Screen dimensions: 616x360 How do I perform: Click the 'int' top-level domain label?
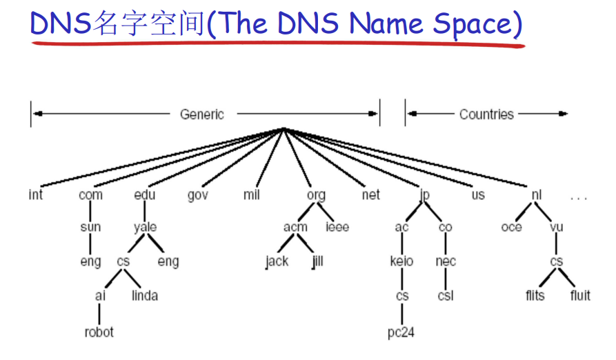click(36, 195)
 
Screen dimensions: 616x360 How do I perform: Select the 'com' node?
click(90, 195)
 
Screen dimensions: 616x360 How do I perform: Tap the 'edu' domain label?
click(145, 195)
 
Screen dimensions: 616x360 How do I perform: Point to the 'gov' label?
click(198, 195)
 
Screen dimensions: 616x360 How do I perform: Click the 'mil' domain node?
click(251, 195)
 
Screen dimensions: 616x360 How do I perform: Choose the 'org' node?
click(315, 195)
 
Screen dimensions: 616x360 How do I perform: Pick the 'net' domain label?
click(370, 195)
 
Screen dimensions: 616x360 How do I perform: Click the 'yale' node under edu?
click(145, 227)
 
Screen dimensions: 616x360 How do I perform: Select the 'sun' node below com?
click(90, 227)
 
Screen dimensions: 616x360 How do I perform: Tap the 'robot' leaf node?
click(99, 332)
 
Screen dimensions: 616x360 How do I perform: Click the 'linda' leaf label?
click(144, 296)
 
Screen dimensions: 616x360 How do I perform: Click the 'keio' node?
click(401, 261)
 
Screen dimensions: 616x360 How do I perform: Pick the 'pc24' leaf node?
click(401, 332)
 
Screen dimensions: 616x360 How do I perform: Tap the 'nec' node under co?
click(446, 261)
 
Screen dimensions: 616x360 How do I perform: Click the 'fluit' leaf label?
click(580, 296)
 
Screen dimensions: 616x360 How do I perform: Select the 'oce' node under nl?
click(511, 227)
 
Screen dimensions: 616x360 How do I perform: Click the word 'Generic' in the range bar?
click(202, 114)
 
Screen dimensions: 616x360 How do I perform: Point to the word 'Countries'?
click(486, 114)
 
